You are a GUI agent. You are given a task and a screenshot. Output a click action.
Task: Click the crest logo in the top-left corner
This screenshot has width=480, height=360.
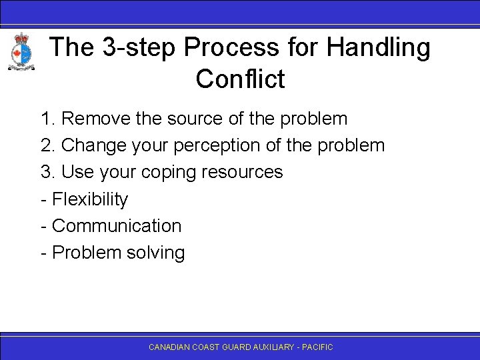(21, 52)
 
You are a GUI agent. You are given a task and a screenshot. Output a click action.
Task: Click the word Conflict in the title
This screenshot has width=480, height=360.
(240, 79)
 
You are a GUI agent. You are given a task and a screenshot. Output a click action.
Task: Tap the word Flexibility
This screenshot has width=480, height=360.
(89, 199)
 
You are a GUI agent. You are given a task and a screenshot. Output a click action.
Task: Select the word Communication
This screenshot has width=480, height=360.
(116, 225)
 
